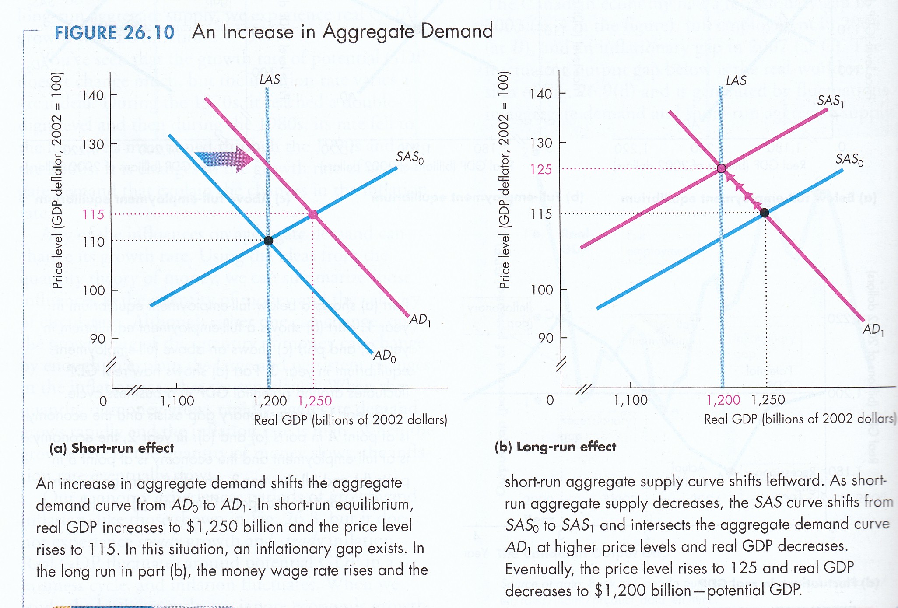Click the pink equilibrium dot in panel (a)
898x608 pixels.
click(313, 214)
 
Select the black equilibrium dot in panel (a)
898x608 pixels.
click(269, 241)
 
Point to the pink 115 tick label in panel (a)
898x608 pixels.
click(93, 215)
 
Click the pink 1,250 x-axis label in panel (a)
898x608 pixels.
click(315, 401)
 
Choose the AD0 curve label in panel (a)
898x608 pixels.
click(385, 356)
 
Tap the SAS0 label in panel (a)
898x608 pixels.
click(410, 157)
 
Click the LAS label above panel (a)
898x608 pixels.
click(270, 80)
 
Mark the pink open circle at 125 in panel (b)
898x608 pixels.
click(722, 168)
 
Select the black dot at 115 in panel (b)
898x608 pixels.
click(765, 213)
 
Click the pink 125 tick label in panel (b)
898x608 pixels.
click(541, 170)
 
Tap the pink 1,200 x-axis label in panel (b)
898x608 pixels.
click(723, 400)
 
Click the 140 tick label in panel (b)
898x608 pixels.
click(542, 94)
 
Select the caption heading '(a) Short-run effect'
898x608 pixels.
click(112, 448)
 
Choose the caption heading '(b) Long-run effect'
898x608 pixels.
click(555, 447)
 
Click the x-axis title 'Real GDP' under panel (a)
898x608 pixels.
click(351, 420)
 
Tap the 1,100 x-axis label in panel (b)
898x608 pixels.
click(631, 400)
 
